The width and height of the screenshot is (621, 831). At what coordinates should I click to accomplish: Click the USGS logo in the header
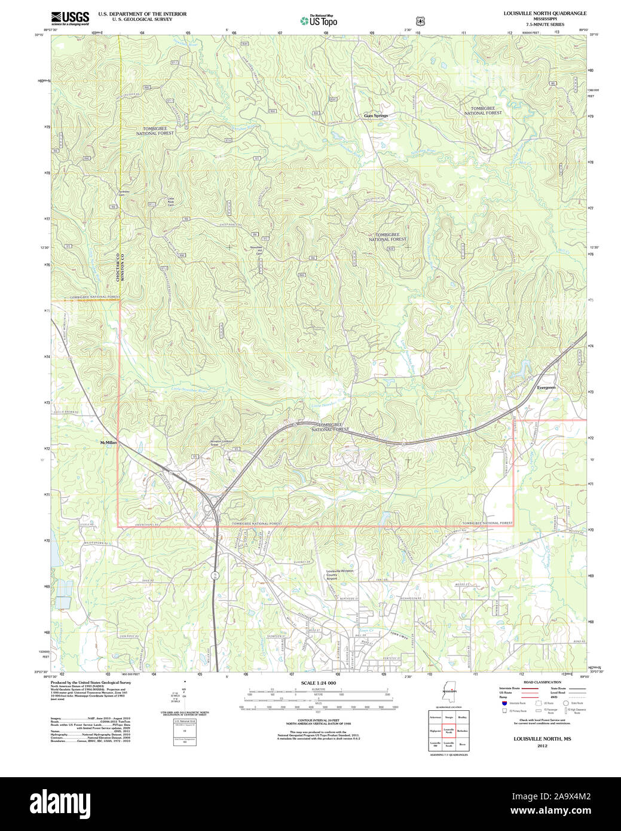70,18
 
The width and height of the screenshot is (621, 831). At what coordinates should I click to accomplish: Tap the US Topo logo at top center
319,21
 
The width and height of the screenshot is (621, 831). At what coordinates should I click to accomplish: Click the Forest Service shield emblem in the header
421,21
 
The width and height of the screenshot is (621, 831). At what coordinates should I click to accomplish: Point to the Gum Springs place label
376,115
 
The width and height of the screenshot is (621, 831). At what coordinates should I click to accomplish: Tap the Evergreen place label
546,387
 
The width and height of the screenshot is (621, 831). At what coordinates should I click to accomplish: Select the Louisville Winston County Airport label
339,575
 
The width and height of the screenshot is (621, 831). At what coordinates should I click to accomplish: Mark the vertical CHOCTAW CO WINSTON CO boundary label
120,267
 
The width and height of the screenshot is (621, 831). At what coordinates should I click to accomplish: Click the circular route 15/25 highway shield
215,575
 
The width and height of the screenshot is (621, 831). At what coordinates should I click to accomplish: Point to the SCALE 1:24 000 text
318,683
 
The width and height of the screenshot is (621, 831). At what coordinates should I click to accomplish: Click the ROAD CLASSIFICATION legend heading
542,682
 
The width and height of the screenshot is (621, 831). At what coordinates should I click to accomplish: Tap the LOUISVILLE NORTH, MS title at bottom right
542,739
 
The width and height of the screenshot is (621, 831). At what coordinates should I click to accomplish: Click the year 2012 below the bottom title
542,746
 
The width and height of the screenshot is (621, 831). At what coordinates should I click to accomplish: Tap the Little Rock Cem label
171,201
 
